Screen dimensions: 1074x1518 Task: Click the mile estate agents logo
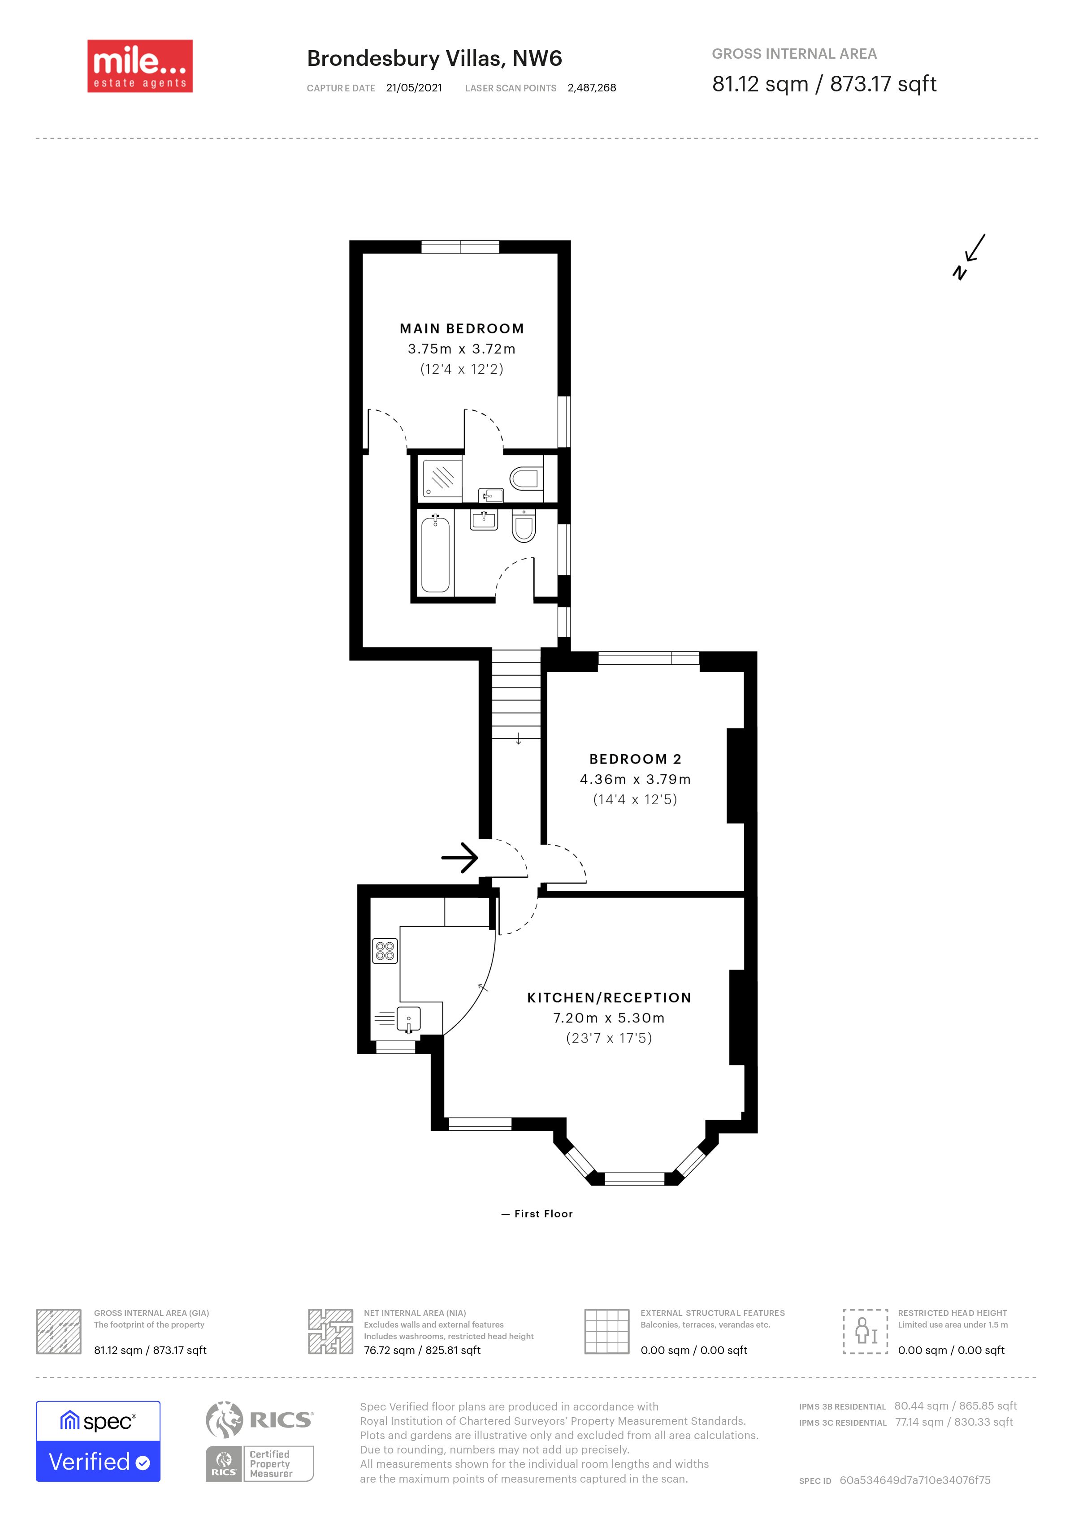pyautogui.click(x=140, y=66)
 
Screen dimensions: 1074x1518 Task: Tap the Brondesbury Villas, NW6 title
pyautogui.click(x=434, y=59)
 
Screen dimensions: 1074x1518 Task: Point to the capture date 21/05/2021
pyautogui.click(x=414, y=88)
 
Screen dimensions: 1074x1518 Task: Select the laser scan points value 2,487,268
pyautogui.click(x=592, y=88)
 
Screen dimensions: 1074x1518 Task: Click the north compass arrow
pyautogui.click(x=970, y=257)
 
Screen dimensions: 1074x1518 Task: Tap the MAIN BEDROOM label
pyautogui.click(x=462, y=328)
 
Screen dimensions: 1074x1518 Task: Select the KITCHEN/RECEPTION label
pyautogui.click(x=609, y=998)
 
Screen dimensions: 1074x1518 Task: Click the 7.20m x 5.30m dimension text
pyautogui.click(x=609, y=1018)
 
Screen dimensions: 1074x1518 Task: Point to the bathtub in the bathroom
pyautogui.click(x=435, y=554)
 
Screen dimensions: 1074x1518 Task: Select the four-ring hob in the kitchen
pyautogui.click(x=385, y=951)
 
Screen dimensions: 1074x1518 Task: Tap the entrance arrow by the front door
pyautogui.click(x=459, y=858)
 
